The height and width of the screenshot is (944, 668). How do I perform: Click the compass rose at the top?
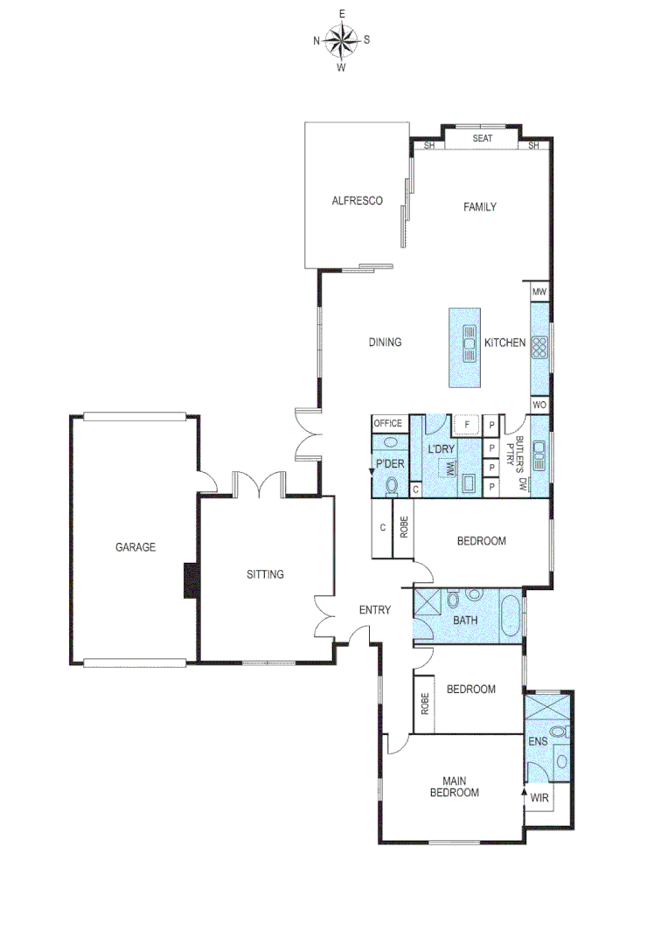[x=342, y=39]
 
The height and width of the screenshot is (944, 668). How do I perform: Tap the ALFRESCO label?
[x=358, y=201]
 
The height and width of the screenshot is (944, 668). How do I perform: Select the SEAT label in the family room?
[x=483, y=138]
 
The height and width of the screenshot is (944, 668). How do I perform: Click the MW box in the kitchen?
[x=539, y=291]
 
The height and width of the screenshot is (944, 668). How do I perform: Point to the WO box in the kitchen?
[x=539, y=406]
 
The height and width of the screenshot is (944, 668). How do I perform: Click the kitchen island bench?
[x=465, y=347]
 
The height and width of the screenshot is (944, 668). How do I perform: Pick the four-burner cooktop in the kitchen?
[x=539, y=348]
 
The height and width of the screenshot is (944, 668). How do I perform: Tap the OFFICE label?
[x=387, y=423]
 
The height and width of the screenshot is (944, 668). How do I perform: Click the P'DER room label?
[x=389, y=464]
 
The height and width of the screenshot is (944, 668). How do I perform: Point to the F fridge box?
[x=468, y=425]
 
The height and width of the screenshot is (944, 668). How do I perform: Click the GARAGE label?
[x=136, y=547]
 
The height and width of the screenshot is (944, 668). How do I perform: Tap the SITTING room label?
[x=265, y=574]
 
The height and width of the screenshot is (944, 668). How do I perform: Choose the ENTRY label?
[x=375, y=609]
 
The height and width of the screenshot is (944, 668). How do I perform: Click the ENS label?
[x=538, y=741]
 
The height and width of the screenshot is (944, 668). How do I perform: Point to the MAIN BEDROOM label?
[x=460, y=787]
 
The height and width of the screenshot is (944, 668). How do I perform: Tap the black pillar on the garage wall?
[x=190, y=580]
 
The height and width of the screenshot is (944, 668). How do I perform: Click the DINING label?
[x=385, y=342]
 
